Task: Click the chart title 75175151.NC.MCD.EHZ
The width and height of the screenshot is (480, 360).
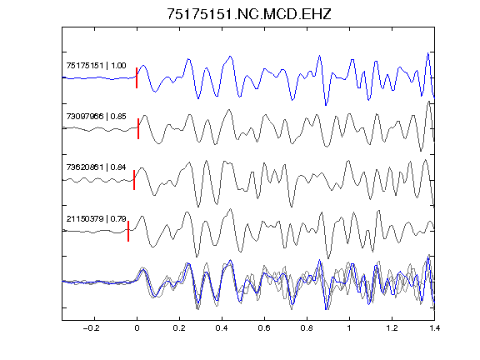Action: click(x=249, y=14)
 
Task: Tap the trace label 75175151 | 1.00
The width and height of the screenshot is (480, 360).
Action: click(x=96, y=66)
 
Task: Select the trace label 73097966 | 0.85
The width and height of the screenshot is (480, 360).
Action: click(x=96, y=117)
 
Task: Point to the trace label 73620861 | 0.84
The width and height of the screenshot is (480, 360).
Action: click(x=96, y=167)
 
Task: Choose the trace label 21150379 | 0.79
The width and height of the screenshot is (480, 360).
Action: click(x=96, y=219)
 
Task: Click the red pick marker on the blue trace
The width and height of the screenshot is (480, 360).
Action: click(x=137, y=77)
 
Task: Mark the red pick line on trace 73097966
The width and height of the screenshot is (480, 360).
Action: click(x=138, y=128)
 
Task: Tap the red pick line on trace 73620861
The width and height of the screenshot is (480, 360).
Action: click(x=134, y=180)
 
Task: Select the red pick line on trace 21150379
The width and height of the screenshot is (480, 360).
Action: click(x=128, y=231)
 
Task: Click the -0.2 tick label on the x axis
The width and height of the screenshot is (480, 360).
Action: click(x=92, y=328)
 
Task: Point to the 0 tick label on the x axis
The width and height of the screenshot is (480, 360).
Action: click(x=137, y=328)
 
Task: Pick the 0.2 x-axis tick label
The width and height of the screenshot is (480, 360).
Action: click(x=179, y=328)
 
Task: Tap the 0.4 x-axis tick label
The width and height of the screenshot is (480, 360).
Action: click(x=222, y=328)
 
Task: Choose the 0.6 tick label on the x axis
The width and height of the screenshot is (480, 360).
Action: click(x=264, y=328)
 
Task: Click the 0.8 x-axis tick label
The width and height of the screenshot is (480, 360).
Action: click(x=307, y=328)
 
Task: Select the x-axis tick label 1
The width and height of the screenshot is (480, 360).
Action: click(x=349, y=328)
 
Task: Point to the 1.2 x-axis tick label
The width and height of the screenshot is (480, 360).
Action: click(x=392, y=328)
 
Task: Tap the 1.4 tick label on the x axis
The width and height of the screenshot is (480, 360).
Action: click(x=434, y=328)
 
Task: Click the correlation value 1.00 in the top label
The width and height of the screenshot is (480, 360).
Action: click(x=118, y=66)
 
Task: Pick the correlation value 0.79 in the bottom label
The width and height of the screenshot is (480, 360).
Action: click(x=118, y=219)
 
